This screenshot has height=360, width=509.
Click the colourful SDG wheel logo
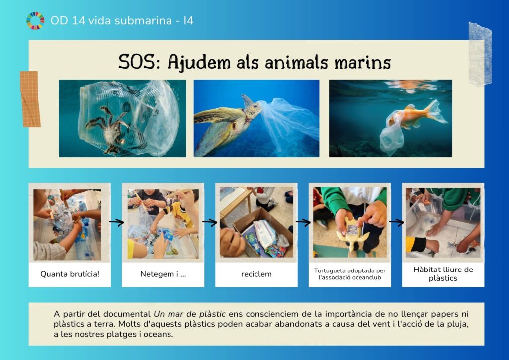[x=35, y=21]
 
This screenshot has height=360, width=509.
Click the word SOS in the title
[x=137, y=61]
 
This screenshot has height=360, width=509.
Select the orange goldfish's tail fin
[x=436, y=112]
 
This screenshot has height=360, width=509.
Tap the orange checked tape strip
[x=30, y=98]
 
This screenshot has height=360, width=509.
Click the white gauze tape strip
[x=480, y=54]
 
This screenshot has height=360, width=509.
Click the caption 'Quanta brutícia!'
[x=70, y=274]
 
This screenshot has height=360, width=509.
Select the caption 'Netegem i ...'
[x=163, y=274]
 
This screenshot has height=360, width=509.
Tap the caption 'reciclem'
[x=256, y=274]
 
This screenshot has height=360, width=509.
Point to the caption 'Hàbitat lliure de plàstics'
[x=443, y=273]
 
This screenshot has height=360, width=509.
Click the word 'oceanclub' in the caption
[x=365, y=277]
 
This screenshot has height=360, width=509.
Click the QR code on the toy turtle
[x=352, y=230]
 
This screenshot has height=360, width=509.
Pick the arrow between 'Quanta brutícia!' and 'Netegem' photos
[x=116, y=222]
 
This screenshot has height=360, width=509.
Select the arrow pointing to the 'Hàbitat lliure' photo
[x=396, y=222]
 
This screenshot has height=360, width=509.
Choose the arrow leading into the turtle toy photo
[x=303, y=222]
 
